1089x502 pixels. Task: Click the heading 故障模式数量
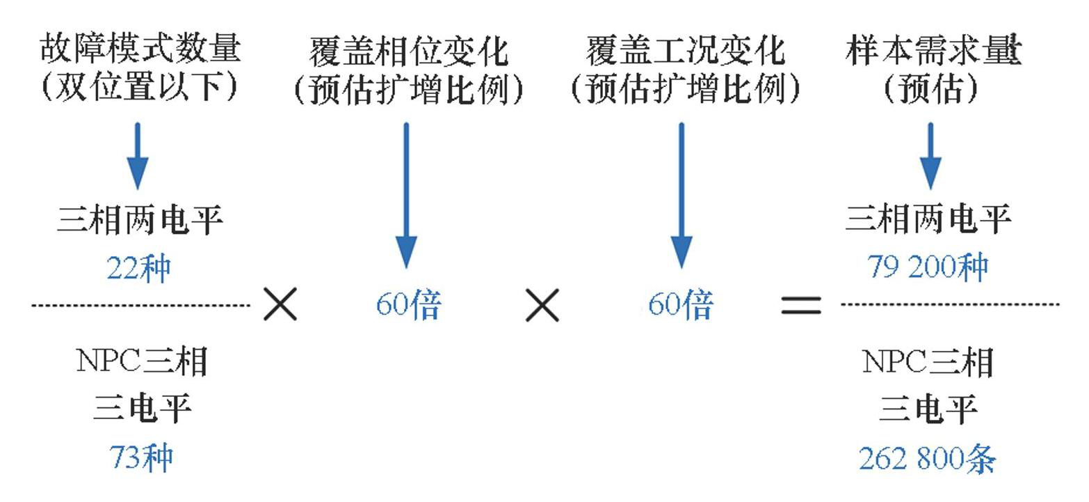[x=140, y=49]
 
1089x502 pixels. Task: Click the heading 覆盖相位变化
[x=408, y=51]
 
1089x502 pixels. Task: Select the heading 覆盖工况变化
[x=686, y=51]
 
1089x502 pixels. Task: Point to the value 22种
[x=138, y=268]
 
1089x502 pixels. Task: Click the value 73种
[x=141, y=457]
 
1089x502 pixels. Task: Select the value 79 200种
[x=928, y=267]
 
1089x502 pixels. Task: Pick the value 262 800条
[x=928, y=459]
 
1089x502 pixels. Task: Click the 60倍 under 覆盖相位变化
[x=408, y=304]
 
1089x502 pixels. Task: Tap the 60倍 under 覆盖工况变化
[x=681, y=304]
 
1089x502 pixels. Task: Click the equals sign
[x=801, y=305]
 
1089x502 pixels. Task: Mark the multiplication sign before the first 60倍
[x=280, y=304]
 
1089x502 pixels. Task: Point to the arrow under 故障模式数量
[x=138, y=156]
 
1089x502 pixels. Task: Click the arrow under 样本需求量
[x=930, y=156]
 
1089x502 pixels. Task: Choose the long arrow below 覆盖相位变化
[x=406, y=195]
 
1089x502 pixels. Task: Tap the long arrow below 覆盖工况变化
[x=681, y=195]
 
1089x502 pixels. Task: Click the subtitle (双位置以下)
[x=140, y=87]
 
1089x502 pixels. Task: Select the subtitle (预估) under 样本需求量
[x=931, y=88]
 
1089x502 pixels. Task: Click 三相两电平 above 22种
[x=140, y=221]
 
